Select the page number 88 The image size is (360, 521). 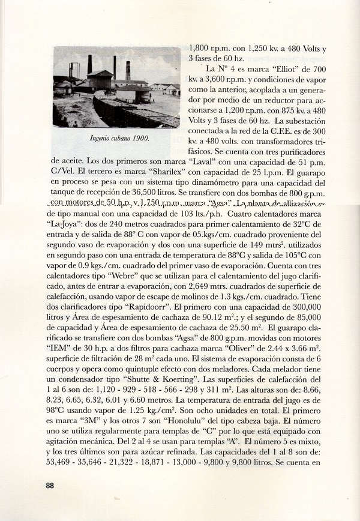(50, 486)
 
